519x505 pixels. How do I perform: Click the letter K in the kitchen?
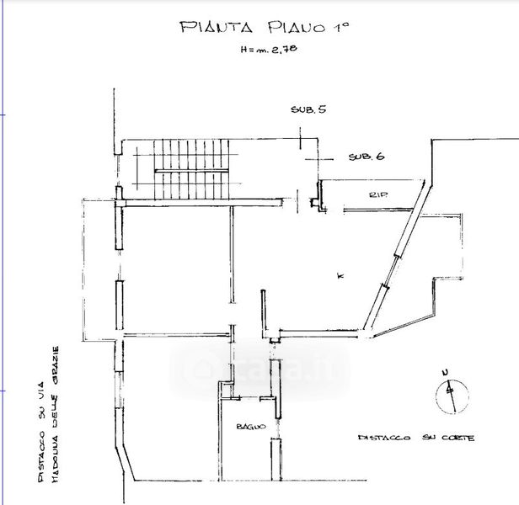tap(339, 275)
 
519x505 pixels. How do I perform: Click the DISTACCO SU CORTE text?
tap(415, 439)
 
